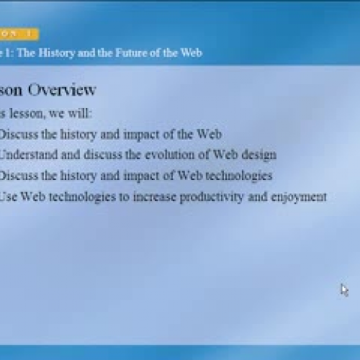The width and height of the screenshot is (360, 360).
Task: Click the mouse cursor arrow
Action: click(x=344, y=289)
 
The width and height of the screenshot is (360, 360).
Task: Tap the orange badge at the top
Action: click(x=19, y=33)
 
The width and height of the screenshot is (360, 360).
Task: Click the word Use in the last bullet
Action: click(x=9, y=196)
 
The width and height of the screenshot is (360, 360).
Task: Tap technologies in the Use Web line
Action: click(x=80, y=196)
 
